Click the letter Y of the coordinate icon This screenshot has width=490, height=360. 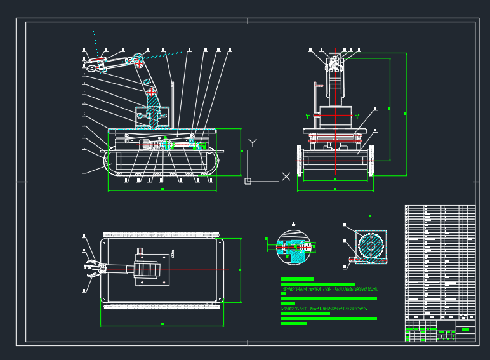point(253,143)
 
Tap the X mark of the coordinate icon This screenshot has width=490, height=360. point(286,177)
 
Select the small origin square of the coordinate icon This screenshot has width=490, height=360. point(248,181)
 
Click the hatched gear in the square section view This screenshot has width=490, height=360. point(370,246)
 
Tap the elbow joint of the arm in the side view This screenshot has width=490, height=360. point(136,62)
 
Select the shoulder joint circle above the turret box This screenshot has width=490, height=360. point(152,93)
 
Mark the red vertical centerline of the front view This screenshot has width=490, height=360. point(336,114)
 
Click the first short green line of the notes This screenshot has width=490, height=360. point(297,279)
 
